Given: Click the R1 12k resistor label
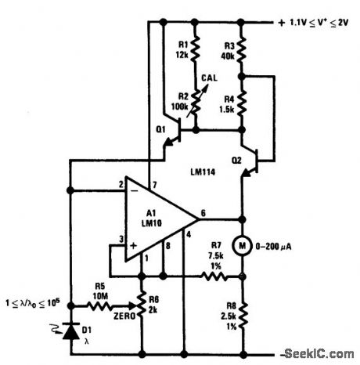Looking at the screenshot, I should click(x=182, y=50).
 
